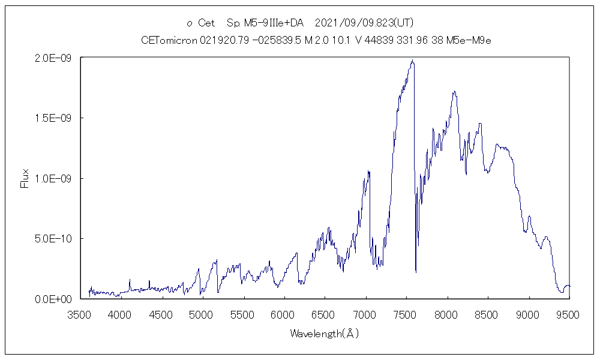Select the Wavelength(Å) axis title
(x=324, y=333)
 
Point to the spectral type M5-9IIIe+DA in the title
(x=265, y=23)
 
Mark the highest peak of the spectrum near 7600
(x=412, y=60)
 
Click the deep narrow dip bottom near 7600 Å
(x=416, y=272)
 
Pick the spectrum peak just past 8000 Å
(x=455, y=92)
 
